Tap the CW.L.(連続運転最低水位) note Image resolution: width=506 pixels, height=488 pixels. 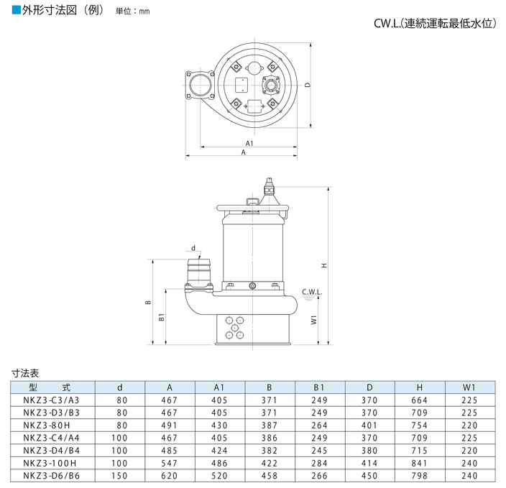(435, 24)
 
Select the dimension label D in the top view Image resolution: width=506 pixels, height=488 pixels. (307, 85)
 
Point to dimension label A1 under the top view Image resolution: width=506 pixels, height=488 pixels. (249, 144)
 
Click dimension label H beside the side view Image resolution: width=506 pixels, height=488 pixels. (324, 265)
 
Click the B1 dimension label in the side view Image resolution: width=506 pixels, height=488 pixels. (162, 316)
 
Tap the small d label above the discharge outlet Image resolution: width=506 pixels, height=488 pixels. (193, 247)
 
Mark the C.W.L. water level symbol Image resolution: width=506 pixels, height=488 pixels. (311, 294)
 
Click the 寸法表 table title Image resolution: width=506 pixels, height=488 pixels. (25, 373)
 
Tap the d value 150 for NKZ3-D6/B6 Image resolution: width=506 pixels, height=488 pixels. (120, 474)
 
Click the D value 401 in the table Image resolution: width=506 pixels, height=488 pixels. (369, 424)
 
